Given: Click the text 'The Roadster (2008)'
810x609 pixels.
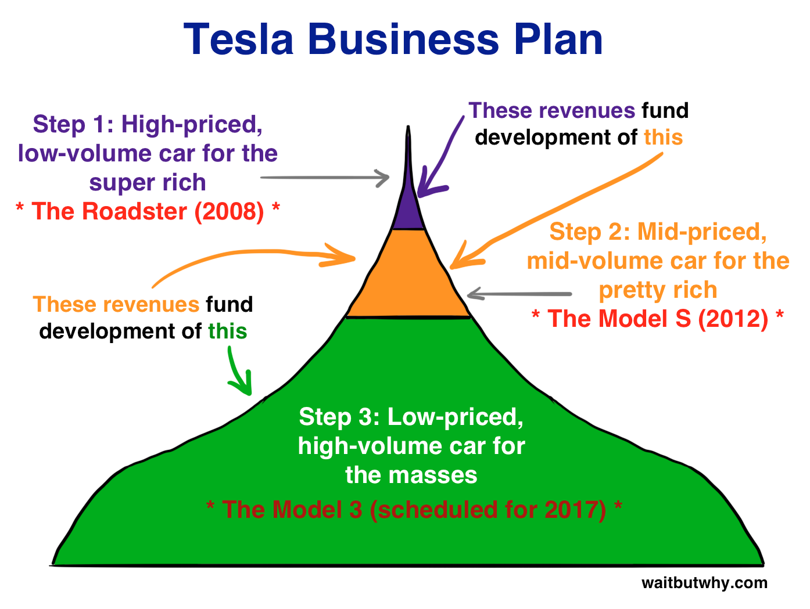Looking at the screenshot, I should coord(148,211).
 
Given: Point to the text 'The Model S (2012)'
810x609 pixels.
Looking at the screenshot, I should coord(658,319).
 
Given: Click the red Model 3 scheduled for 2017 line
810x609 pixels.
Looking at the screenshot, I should coord(414,510).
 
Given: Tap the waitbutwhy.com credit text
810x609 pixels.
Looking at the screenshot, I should coord(704,583).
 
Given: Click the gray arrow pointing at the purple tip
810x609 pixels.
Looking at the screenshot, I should coord(325,178).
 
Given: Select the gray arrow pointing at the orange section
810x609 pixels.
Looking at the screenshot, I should coord(520,294).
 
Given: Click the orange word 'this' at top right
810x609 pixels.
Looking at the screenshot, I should coord(663,138).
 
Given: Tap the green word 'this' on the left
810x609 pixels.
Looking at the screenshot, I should coord(228,331).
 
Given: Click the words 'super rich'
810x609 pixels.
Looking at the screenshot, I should coord(148,182).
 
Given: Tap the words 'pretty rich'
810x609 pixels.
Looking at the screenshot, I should coord(658,290).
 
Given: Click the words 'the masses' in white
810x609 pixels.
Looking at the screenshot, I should coord(411,475).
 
